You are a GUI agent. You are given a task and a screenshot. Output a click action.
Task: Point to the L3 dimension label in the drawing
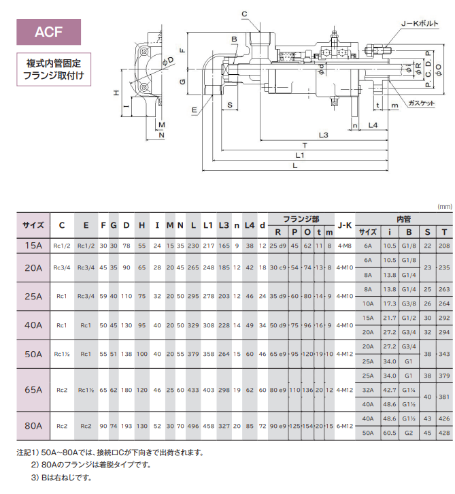322,135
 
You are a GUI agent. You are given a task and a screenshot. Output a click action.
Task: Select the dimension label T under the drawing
305,146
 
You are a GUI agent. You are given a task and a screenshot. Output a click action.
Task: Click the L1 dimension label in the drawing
299,156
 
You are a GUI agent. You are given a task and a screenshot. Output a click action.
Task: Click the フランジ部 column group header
302,219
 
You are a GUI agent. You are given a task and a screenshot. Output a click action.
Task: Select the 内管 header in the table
403,219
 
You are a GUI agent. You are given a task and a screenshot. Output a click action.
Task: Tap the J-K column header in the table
345,225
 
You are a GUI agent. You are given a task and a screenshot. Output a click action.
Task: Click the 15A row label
33,245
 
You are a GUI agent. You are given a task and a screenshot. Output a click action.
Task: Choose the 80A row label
33,426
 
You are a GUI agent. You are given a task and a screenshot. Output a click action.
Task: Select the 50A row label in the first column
33,354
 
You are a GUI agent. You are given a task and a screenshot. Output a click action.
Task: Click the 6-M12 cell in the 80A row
345,426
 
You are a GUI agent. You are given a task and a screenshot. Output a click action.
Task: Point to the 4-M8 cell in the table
345,245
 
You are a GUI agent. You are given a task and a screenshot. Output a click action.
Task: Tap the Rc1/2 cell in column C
63,245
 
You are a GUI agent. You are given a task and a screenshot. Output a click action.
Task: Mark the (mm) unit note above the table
443,205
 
